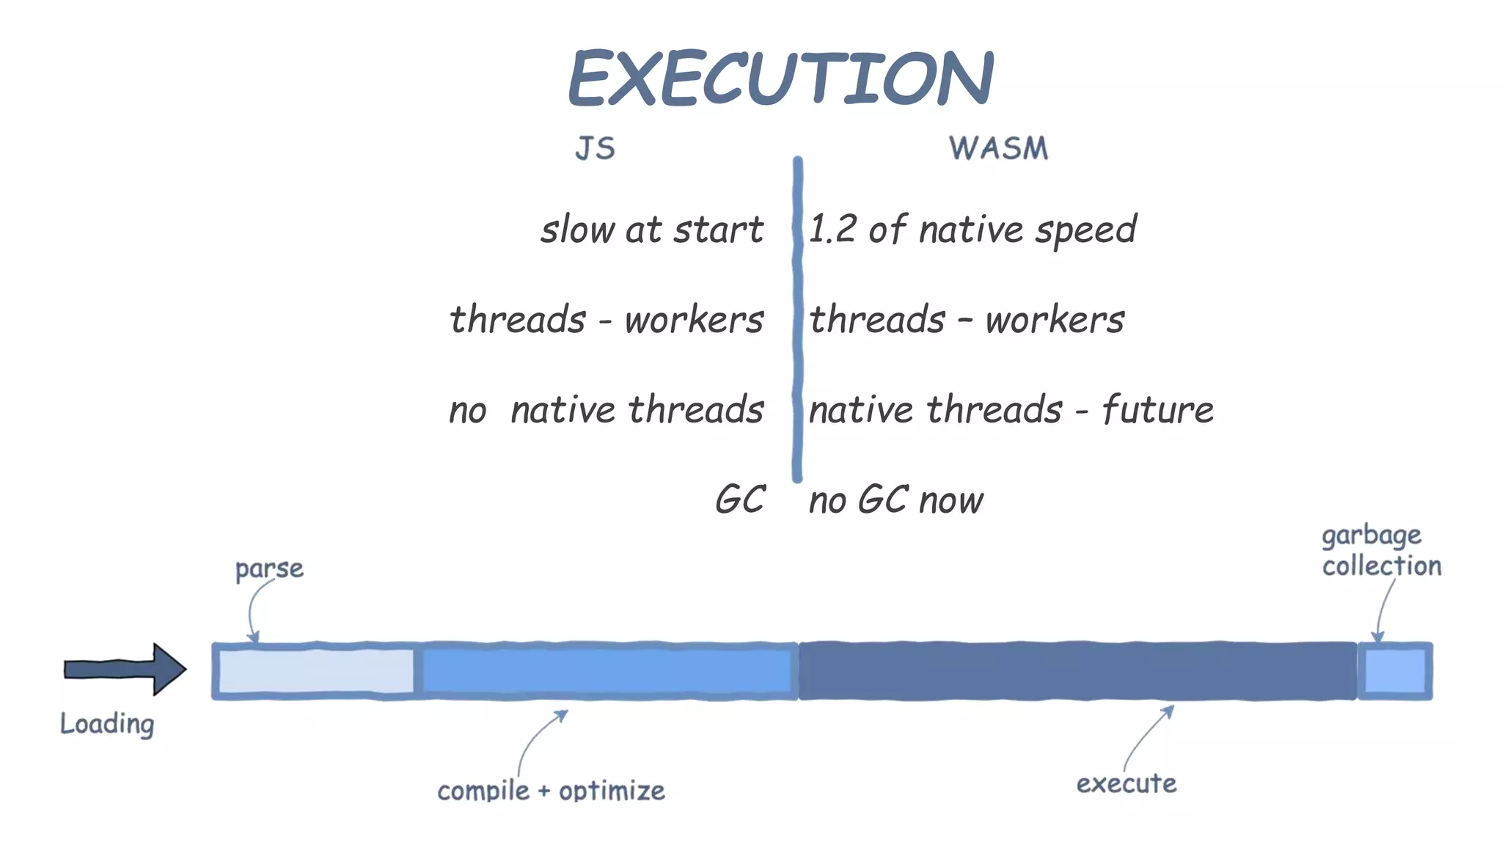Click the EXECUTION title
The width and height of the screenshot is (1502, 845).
pos(780,78)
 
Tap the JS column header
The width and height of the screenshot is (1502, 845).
pos(595,148)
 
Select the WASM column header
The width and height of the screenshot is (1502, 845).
pos(998,148)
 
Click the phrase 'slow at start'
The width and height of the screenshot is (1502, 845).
pos(652,230)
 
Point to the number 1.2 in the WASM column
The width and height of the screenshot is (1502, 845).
pos(832,229)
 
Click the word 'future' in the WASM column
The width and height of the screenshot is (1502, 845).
pos(1157,409)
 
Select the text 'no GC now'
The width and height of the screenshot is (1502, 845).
pos(895,500)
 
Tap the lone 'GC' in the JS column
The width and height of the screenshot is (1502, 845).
pos(740,500)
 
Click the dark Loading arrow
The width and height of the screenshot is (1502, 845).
pos(125,669)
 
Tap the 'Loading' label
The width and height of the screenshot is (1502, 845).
pos(107,724)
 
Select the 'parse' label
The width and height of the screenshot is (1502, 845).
pos(269,569)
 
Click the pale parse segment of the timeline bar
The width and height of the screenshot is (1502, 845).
pos(315,671)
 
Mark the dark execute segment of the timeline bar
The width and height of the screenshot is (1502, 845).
pos(1077,671)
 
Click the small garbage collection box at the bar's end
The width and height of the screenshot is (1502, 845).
pos(1394,671)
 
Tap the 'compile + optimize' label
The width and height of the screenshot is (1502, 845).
pos(551,791)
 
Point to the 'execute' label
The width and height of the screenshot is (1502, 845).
pos(1126,783)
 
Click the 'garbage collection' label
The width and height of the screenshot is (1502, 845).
pos(1380,551)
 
